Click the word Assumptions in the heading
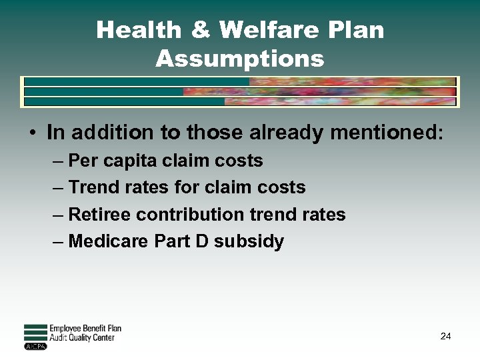(x=240, y=59)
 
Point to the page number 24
(x=445, y=336)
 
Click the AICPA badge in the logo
(x=35, y=346)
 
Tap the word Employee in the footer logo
(x=65, y=329)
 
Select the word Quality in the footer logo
(x=83, y=337)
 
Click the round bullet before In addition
(x=32, y=133)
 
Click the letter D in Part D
(x=201, y=241)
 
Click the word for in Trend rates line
(x=187, y=187)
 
